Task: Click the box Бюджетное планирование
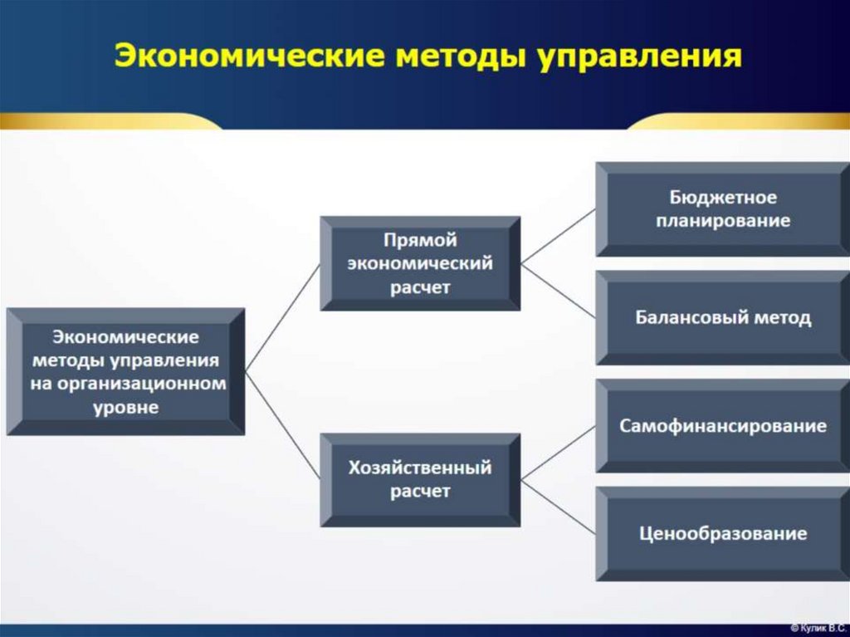pyautogui.click(x=722, y=209)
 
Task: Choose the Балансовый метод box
pyautogui.click(x=722, y=318)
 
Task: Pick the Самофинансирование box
pyautogui.click(x=722, y=426)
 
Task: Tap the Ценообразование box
pyautogui.click(x=722, y=533)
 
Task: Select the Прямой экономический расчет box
pyautogui.click(x=420, y=263)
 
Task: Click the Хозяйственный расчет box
pyautogui.click(x=420, y=479)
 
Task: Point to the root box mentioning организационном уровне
pyautogui.click(x=125, y=372)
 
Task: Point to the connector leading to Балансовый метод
pyautogui.click(x=558, y=290)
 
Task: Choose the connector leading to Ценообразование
pyautogui.click(x=558, y=507)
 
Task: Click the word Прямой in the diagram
pyautogui.click(x=420, y=240)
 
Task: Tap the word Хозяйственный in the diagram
pyautogui.click(x=420, y=468)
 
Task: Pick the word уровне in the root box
pyautogui.click(x=125, y=408)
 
